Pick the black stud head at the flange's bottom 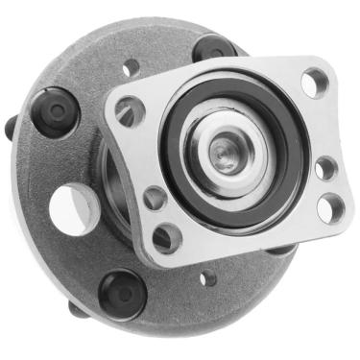point(122,292)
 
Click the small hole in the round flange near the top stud point(132,68)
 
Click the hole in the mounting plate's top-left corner point(130,111)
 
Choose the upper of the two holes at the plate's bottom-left point(154,199)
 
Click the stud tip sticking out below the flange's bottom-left point(77,309)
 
